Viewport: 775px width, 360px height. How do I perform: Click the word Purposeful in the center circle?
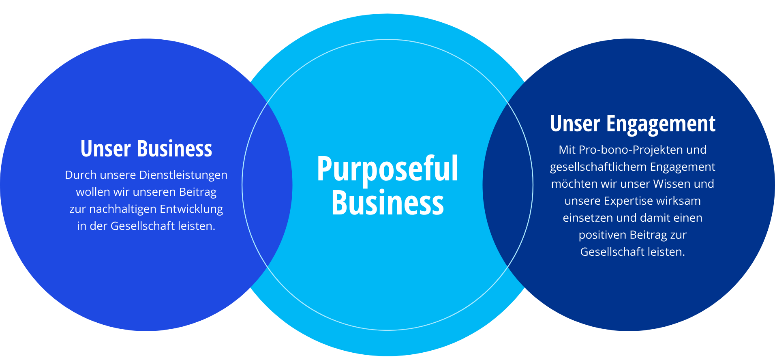pos(387,169)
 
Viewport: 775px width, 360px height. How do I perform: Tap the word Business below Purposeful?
pos(387,203)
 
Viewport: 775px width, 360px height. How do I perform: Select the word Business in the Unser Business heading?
pos(174,149)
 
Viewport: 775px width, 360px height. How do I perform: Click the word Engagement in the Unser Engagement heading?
pos(661,124)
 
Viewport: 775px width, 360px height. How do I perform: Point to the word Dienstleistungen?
pos(183,175)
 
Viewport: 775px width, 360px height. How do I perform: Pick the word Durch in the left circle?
pos(81,175)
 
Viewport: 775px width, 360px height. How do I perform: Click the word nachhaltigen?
pos(123,209)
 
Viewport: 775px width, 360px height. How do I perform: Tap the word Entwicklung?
pos(191,209)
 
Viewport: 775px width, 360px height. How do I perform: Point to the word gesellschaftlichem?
pos(598,167)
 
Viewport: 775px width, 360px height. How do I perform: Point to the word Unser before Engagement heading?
pos(575,124)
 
